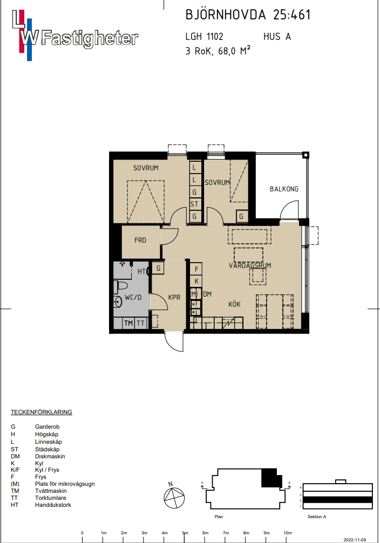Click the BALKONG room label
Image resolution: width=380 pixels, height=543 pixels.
(x=284, y=189)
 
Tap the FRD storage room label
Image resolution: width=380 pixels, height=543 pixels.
(x=140, y=240)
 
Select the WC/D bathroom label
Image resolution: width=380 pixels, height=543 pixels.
(x=133, y=298)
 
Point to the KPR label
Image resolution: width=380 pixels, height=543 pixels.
(x=174, y=298)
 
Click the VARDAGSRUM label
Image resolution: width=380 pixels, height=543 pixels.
(x=250, y=266)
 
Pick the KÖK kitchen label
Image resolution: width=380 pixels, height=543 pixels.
(x=234, y=304)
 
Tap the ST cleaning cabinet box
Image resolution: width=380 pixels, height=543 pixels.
(x=194, y=204)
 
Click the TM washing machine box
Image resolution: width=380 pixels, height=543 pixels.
(x=128, y=323)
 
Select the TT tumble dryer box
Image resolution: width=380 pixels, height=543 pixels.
(x=140, y=323)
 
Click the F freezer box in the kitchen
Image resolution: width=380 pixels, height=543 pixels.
(x=196, y=269)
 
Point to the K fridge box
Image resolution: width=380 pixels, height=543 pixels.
(x=196, y=281)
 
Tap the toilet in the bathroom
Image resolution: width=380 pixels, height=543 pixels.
(x=120, y=286)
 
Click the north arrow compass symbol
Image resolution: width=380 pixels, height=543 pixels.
(x=174, y=497)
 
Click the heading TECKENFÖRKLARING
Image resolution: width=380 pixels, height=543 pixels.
(x=41, y=412)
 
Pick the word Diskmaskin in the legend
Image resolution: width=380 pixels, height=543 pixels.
(x=50, y=456)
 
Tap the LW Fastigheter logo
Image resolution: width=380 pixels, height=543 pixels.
(x=75, y=35)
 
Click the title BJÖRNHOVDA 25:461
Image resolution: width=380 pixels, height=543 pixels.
(x=248, y=15)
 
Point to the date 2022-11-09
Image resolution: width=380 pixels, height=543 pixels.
(x=355, y=540)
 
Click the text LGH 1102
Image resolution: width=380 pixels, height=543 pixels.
(x=204, y=36)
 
